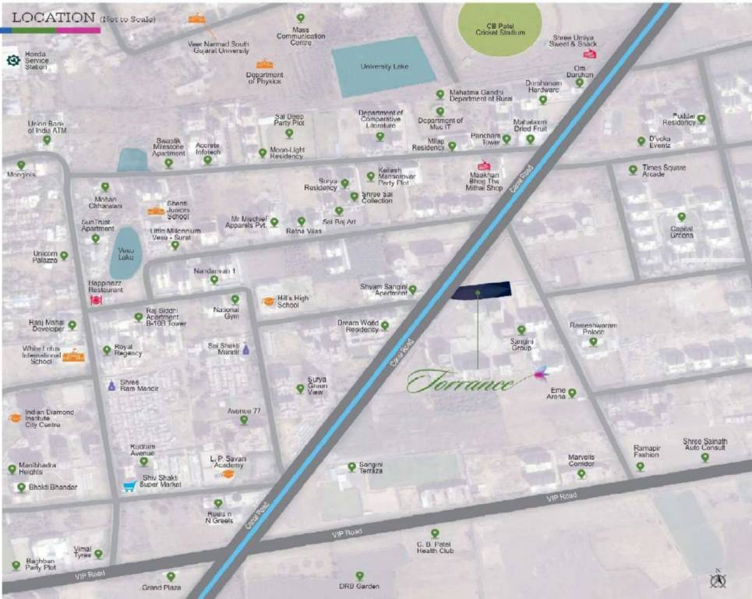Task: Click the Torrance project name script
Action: (460, 382)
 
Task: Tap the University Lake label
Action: (384, 67)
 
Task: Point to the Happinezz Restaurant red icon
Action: (96, 299)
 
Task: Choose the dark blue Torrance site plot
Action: (481, 290)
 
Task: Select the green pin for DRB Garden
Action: (359, 576)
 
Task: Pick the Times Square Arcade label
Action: (663, 171)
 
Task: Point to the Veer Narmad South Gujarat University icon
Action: (196, 19)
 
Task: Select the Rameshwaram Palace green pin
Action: (592, 341)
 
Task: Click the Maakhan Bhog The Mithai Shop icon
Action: (483, 165)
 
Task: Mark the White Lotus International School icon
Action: (72, 356)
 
